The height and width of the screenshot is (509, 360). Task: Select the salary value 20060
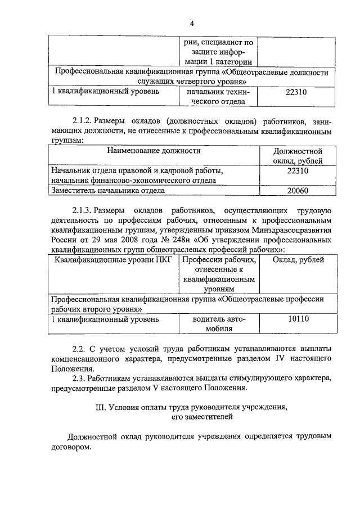point(297,191)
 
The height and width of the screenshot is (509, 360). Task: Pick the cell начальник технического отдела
point(218,96)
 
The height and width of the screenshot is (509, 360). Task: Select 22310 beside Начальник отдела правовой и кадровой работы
point(297,170)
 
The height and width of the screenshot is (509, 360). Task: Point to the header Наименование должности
point(152,151)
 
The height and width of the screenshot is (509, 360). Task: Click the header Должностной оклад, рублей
point(297,156)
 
